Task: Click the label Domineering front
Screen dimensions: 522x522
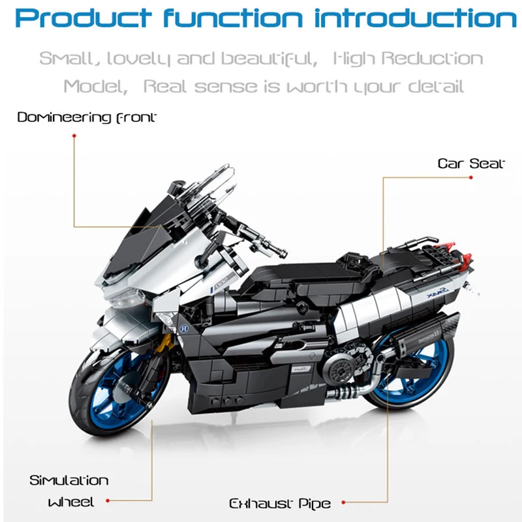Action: (x=87, y=117)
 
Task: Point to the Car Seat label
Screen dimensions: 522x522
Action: (x=471, y=163)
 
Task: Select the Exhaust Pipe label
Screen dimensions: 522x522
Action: (x=280, y=503)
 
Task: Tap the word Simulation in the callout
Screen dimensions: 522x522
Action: (x=69, y=481)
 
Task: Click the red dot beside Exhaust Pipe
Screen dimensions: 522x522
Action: (x=343, y=502)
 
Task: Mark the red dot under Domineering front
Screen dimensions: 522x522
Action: (x=74, y=136)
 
